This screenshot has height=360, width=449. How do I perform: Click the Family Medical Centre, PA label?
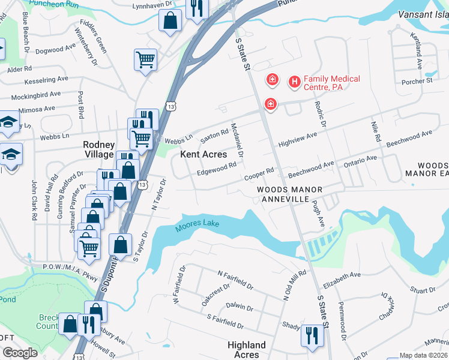click(332, 83)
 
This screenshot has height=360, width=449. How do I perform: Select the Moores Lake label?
click(197, 226)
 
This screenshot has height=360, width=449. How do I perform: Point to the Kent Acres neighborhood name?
click(204, 154)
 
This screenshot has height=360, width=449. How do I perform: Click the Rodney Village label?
click(98, 149)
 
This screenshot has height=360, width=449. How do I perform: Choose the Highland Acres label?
click(247, 349)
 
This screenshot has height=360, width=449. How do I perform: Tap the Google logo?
click(20, 353)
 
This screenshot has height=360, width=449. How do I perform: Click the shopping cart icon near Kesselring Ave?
click(146, 60)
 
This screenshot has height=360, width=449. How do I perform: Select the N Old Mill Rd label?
click(295, 285)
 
